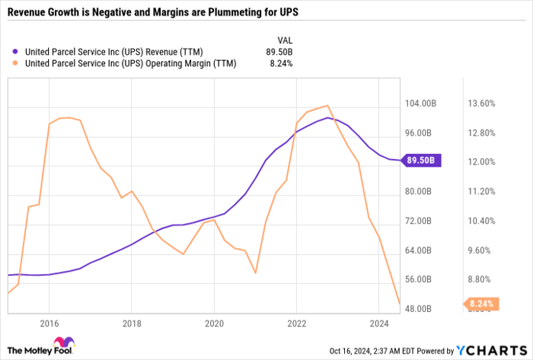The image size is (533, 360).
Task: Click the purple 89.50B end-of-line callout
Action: [x=420, y=161]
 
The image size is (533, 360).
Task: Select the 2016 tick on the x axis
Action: [x=49, y=322]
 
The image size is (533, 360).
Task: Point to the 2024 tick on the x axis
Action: [x=378, y=322]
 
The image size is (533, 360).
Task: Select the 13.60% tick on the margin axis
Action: [x=481, y=103]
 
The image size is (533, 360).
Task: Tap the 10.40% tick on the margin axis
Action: [x=481, y=221]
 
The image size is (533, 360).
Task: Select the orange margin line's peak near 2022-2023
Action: [x=327, y=106]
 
